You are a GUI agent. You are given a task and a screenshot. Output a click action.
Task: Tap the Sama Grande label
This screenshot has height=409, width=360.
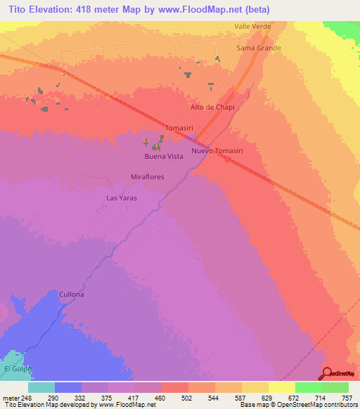click(x=259, y=48)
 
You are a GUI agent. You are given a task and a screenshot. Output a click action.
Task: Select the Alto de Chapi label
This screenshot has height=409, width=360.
click(x=212, y=108)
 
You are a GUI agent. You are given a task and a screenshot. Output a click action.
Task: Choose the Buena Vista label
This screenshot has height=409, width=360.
click(x=164, y=156)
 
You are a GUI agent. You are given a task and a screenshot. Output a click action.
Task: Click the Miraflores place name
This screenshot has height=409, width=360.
click(x=148, y=177)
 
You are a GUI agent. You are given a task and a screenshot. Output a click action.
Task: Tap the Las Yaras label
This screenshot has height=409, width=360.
click(x=121, y=198)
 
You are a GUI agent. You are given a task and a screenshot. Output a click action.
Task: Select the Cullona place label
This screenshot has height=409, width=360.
click(x=72, y=294)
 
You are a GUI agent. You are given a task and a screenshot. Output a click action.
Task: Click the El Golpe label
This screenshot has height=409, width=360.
click(x=18, y=369)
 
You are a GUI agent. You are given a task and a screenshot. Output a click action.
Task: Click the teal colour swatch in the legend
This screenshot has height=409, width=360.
click(x=41, y=387)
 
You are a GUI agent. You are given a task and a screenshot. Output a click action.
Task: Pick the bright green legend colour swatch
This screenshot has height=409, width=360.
click(x=309, y=387)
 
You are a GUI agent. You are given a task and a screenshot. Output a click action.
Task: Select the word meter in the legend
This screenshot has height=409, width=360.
click(x=10, y=398)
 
